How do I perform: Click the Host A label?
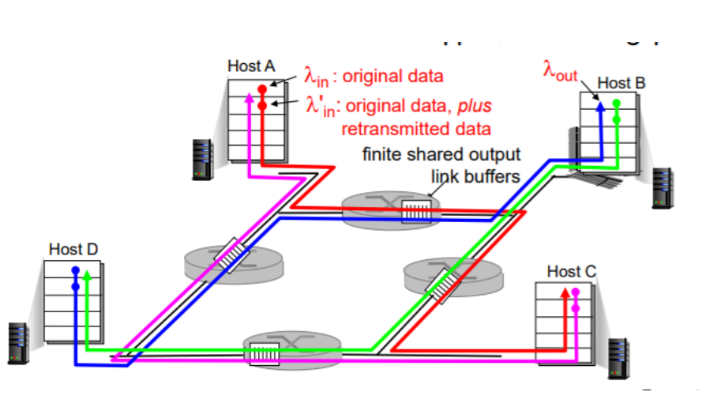251,66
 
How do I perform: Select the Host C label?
572,272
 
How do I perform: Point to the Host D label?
73,249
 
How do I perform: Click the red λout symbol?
560,70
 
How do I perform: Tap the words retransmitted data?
415,128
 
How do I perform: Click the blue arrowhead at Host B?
599,105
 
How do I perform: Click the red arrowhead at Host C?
564,294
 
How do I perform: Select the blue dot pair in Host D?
75,277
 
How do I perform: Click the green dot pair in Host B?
616,111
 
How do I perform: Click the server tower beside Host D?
18,341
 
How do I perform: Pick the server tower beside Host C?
618,356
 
